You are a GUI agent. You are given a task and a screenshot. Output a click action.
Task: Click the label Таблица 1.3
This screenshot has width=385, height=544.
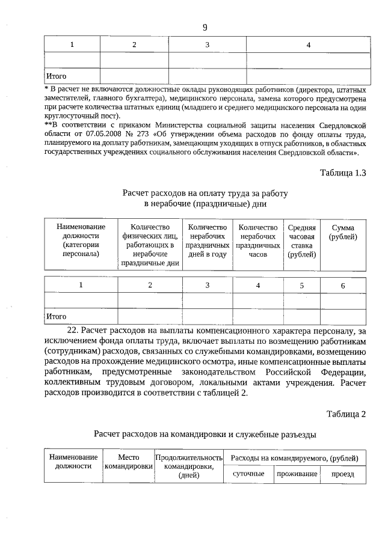tap(343, 173)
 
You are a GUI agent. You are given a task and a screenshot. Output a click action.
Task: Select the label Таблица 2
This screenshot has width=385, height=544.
tap(346, 414)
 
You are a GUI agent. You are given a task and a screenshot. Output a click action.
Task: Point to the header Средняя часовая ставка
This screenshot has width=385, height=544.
tap(301, 240)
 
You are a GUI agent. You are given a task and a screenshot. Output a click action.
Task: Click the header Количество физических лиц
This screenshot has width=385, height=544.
tap(150, 245)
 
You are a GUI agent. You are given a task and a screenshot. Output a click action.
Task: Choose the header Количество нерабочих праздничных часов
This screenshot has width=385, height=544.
tap(257, 240)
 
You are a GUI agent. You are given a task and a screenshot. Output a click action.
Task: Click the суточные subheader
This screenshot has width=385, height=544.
tap(248, 474)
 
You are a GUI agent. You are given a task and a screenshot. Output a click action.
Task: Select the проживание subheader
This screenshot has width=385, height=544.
tap(296, 474)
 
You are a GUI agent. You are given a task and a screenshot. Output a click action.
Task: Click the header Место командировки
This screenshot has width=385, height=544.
tap(128, 462)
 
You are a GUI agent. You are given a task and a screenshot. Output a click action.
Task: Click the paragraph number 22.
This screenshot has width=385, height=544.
tap(71, 330)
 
